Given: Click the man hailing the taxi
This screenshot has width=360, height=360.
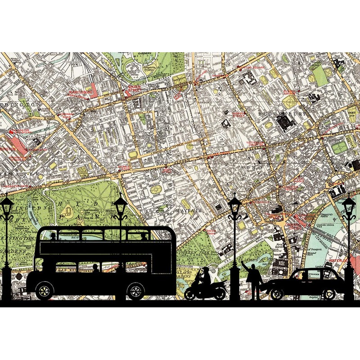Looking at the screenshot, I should [x=253, y=278].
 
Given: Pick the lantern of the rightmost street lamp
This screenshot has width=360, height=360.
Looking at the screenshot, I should [x=349, y=208].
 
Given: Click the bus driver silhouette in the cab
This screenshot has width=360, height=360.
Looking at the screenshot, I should [x=49, y=265].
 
